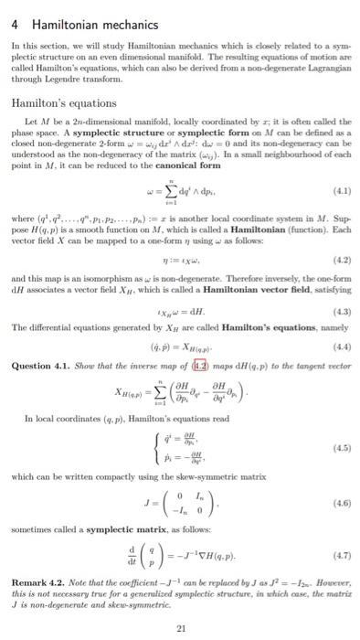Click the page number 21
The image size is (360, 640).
(x=179, y=626)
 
